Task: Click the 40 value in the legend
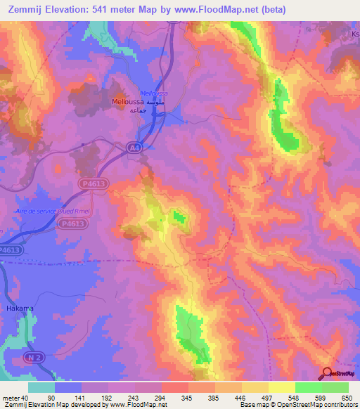pos(25,397)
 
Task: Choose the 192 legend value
pos(108,397)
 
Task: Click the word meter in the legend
pos(10,397)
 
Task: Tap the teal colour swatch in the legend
pos(41,387)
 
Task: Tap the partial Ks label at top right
pos(354,34)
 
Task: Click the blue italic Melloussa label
pos(154,93)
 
